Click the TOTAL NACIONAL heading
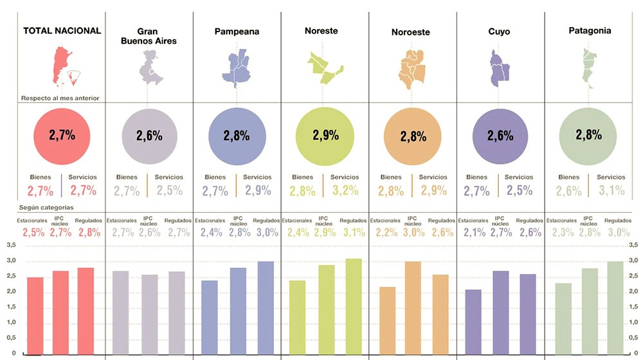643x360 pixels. click(x=62, y=31)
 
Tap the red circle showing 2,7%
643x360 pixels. click(x=62, y=136)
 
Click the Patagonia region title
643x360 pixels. click(x=590, y=31)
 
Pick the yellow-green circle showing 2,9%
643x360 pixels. click(x=325, y=136)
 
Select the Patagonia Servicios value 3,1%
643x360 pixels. click(x=611, y=190)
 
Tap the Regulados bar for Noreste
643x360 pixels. click(x=354, y=306)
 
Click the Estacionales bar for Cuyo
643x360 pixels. click(x=473, y=321)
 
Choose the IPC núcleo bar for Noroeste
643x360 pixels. click(x=413, y=307)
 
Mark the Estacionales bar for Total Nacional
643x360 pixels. click(x=35, y=316)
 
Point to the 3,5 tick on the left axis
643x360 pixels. click(x=10, y=246)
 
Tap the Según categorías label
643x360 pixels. click(x=47, y=208)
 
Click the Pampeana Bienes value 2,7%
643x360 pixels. click(x=214, y=190)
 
